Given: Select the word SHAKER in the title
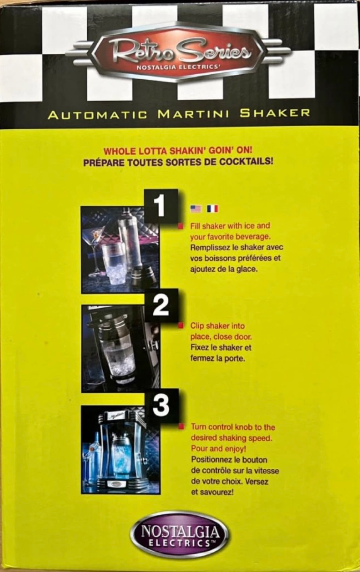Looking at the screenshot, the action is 275,113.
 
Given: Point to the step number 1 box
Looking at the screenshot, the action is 160,206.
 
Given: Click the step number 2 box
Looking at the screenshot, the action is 161,305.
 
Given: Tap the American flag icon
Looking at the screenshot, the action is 196,209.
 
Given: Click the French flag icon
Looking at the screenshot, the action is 212,209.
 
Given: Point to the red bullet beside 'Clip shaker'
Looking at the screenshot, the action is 181,325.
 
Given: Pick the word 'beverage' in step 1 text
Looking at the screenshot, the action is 252,237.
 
